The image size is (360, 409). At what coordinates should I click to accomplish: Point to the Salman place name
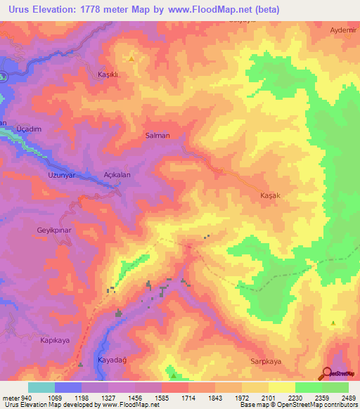pyautogui.click(x=157, y=136)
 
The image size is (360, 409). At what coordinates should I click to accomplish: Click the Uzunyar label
pyautogui.click(x=61, y=174)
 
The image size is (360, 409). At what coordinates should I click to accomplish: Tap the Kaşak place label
pyautogui.click(x=271, y=195)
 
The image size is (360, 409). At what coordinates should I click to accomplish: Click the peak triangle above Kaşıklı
pyautogui.click(x=130, y=58)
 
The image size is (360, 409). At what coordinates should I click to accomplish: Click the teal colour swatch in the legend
pyautogui.click(x=41, y=387)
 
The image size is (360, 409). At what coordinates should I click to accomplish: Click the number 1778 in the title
pyautogui.click(x=98, y=9)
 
